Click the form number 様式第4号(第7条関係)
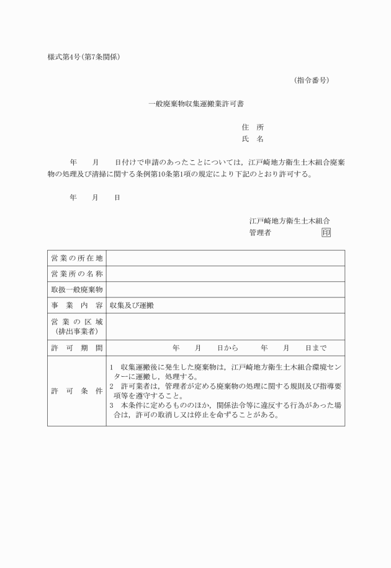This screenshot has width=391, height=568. [x=83, y=57]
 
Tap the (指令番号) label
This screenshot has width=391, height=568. [x=311, y=80]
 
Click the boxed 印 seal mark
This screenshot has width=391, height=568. [x=326, y=233]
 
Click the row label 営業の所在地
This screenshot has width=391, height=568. [x=76, y=258]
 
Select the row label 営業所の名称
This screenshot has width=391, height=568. [x=76, y=274]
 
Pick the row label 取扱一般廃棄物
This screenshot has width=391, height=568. [x=76, y=290]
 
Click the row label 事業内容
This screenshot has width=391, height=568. [x=76, y=305]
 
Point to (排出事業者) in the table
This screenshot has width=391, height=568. [x=76, y=331]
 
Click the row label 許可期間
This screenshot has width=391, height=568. [x=76, y=348]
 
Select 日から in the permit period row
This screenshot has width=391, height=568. [x=228, y=348]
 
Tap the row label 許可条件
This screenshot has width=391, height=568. [x=76, y=392]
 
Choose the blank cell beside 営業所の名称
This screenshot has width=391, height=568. [x=225, y=274]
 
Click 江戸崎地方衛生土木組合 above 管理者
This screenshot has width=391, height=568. [x=289, y=220]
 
